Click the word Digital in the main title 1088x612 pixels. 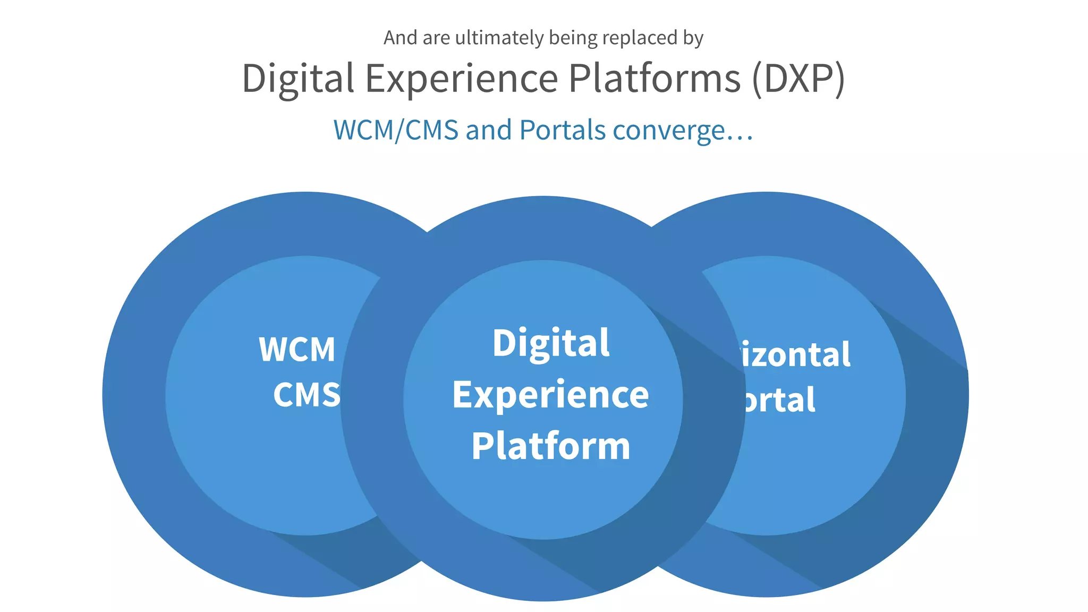click(297, 79)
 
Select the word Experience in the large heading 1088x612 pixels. click(462, 79)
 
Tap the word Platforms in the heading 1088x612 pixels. click(654, 79)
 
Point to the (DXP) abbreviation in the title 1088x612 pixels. click(798, 79)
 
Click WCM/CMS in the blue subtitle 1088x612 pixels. click(396, 131)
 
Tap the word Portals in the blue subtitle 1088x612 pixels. click(562, 131)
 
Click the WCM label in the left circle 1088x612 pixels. click(297, 350)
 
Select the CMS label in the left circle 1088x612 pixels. click(307, 395)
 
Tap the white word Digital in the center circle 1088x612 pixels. click(551, 343)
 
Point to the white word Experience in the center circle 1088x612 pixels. click(550, 395)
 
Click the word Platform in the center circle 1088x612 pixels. click(550, 446)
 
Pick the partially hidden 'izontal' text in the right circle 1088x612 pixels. click(795, 355)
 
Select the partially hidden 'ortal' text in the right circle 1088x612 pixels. click(779, 400)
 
